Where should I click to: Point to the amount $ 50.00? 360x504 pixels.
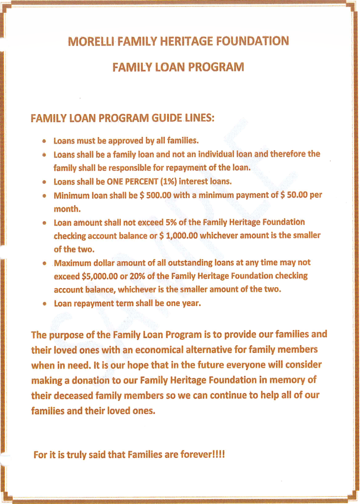[x=294, y=195]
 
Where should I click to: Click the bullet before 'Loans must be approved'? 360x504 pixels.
[x=45, y=141]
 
